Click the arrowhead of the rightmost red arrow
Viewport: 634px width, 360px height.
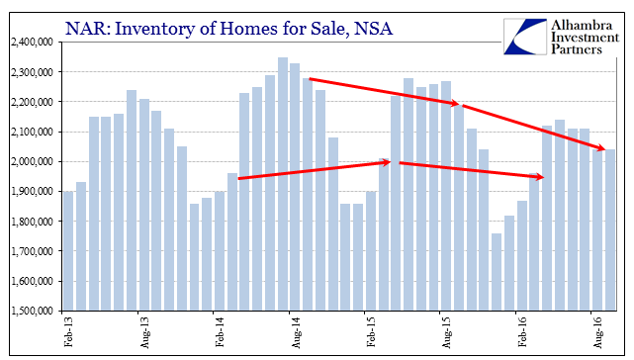(x=601, y=148)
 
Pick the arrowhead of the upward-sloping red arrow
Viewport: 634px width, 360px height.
(x=394, y=162)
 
